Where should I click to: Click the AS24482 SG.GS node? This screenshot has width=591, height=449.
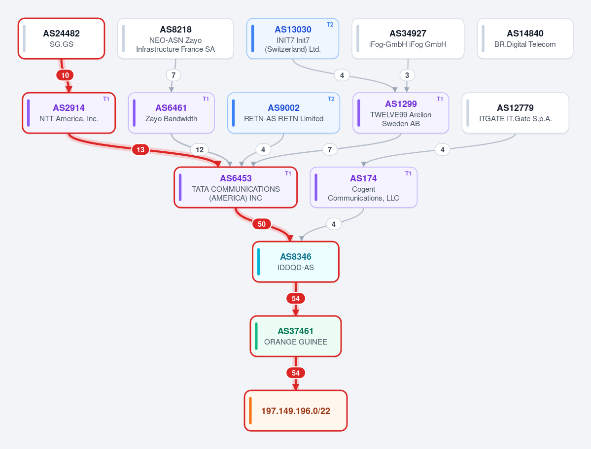coord(62,38)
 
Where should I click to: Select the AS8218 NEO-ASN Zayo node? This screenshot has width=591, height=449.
coord(175,38)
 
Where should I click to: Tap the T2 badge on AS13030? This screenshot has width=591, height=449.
coord(330,25)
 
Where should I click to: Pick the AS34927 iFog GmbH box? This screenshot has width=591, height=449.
coord(408,38)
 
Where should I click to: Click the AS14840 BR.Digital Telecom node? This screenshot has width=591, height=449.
coord(525,38)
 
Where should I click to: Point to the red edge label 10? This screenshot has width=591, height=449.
coord(65,75)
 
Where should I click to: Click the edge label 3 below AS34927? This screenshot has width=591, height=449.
coord(407,75)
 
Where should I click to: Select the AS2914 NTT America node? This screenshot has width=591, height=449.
coord(69,113)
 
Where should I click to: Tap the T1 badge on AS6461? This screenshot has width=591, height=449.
coord(206,99)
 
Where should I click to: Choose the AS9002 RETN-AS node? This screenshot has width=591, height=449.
coord(283,113)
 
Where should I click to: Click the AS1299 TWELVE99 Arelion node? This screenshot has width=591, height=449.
coord(401,113)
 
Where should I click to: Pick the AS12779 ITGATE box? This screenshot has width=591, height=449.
coord(515,113)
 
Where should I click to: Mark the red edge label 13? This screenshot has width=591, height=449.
coord(140,150)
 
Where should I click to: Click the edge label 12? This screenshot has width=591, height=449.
coord(200,150)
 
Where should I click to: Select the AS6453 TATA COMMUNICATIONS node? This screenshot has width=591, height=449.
coord(236,187)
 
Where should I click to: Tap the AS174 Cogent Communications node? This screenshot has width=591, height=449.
coord(363,187)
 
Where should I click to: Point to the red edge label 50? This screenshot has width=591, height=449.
coord(262,224)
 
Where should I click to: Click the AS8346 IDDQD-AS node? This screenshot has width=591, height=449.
coord(296,262)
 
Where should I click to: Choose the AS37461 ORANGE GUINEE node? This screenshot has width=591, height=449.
coord(296,336)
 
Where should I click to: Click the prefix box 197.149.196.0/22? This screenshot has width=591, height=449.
coord(296,411)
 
